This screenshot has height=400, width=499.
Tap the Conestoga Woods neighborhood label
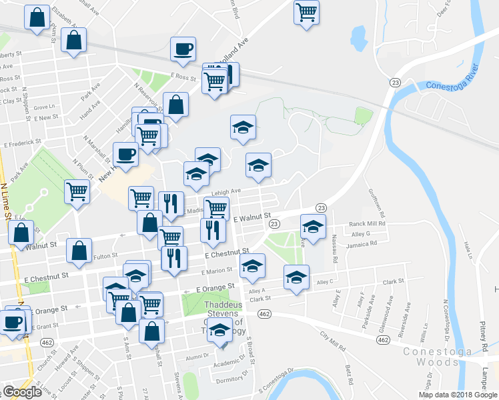click(438, 356)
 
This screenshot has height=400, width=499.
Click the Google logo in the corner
click(22, 392)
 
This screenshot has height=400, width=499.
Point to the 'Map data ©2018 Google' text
click(457, 395)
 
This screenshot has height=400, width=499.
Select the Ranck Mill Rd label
click(368, 225)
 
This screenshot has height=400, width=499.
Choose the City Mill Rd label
click(333, 341)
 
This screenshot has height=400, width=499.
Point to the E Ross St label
click(185, 77)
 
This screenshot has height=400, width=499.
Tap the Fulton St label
click(105, 255)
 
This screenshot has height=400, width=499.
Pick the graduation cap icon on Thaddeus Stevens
click(219, 329)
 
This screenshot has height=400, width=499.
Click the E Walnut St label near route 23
click(252, 217)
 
